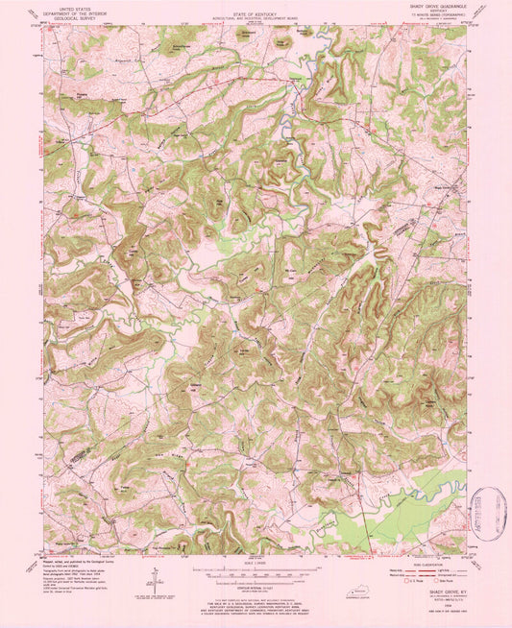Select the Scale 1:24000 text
click(x=256, y=561)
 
